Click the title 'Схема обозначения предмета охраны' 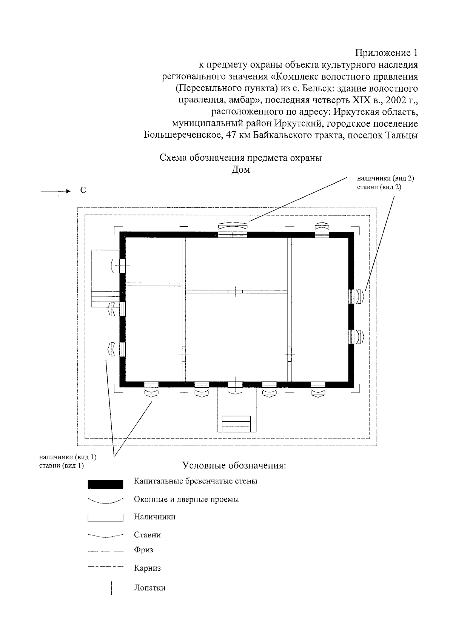(x=240, y=158)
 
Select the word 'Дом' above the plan (x=240, y=170)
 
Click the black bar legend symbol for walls (x=105, y=484)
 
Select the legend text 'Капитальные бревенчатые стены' (x=196, y=481)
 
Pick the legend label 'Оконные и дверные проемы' (x=186, y=499)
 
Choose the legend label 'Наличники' (x=154, y=517)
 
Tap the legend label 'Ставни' (x=147, y=535)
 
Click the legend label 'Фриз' (x=143, y=550)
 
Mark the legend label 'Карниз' (x=147, y=568)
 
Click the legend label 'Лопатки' (x=149, y=588)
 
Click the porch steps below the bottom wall (x=236, y=424)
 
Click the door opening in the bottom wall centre (x=235, y=385)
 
